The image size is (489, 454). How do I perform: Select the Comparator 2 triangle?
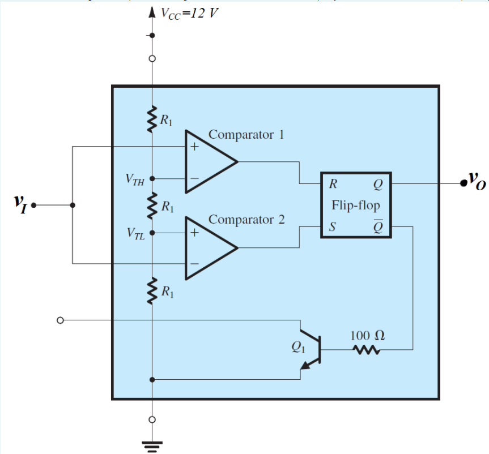(207, 248)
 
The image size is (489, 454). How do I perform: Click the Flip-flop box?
(355, 205)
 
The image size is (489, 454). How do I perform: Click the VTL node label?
(135, 234)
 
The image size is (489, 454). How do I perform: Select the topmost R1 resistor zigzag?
(152, 119)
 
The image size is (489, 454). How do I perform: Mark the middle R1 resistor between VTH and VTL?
(152, 205)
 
